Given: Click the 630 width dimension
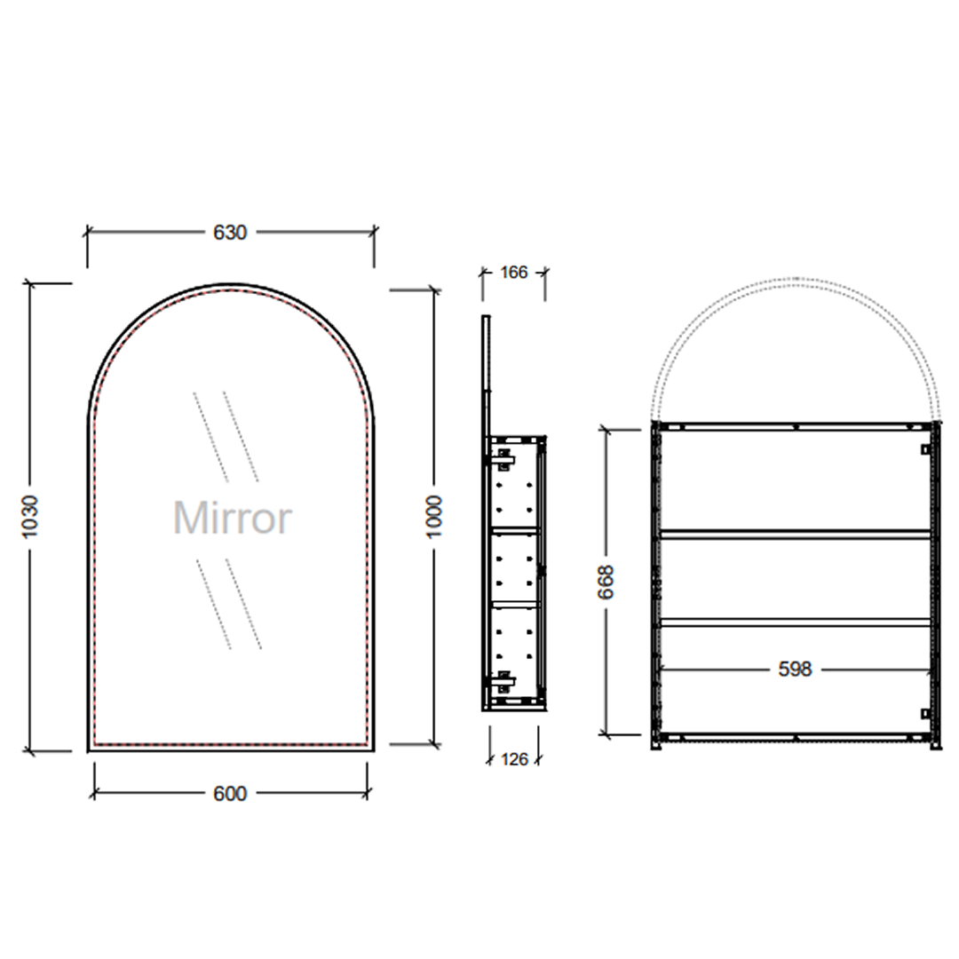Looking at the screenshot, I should point(229,233).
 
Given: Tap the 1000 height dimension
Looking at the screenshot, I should point(435,518).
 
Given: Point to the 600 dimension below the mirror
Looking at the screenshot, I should point(230,793).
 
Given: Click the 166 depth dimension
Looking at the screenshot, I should point(513,272).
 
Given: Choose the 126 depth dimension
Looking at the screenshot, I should point(514,759).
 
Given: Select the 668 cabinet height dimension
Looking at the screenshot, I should point(607,582).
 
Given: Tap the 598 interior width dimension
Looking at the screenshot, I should point(795,670).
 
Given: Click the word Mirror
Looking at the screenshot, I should point(231,518).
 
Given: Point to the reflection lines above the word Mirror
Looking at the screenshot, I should point(226,435).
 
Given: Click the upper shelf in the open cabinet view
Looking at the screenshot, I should point(795,534).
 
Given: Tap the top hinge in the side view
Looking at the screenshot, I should point(505,457).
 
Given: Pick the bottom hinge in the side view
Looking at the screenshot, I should point(505,682).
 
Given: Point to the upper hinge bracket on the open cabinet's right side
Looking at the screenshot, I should point(925,449).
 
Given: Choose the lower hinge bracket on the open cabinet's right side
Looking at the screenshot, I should point(925,713).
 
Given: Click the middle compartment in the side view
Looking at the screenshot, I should point(515,566).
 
